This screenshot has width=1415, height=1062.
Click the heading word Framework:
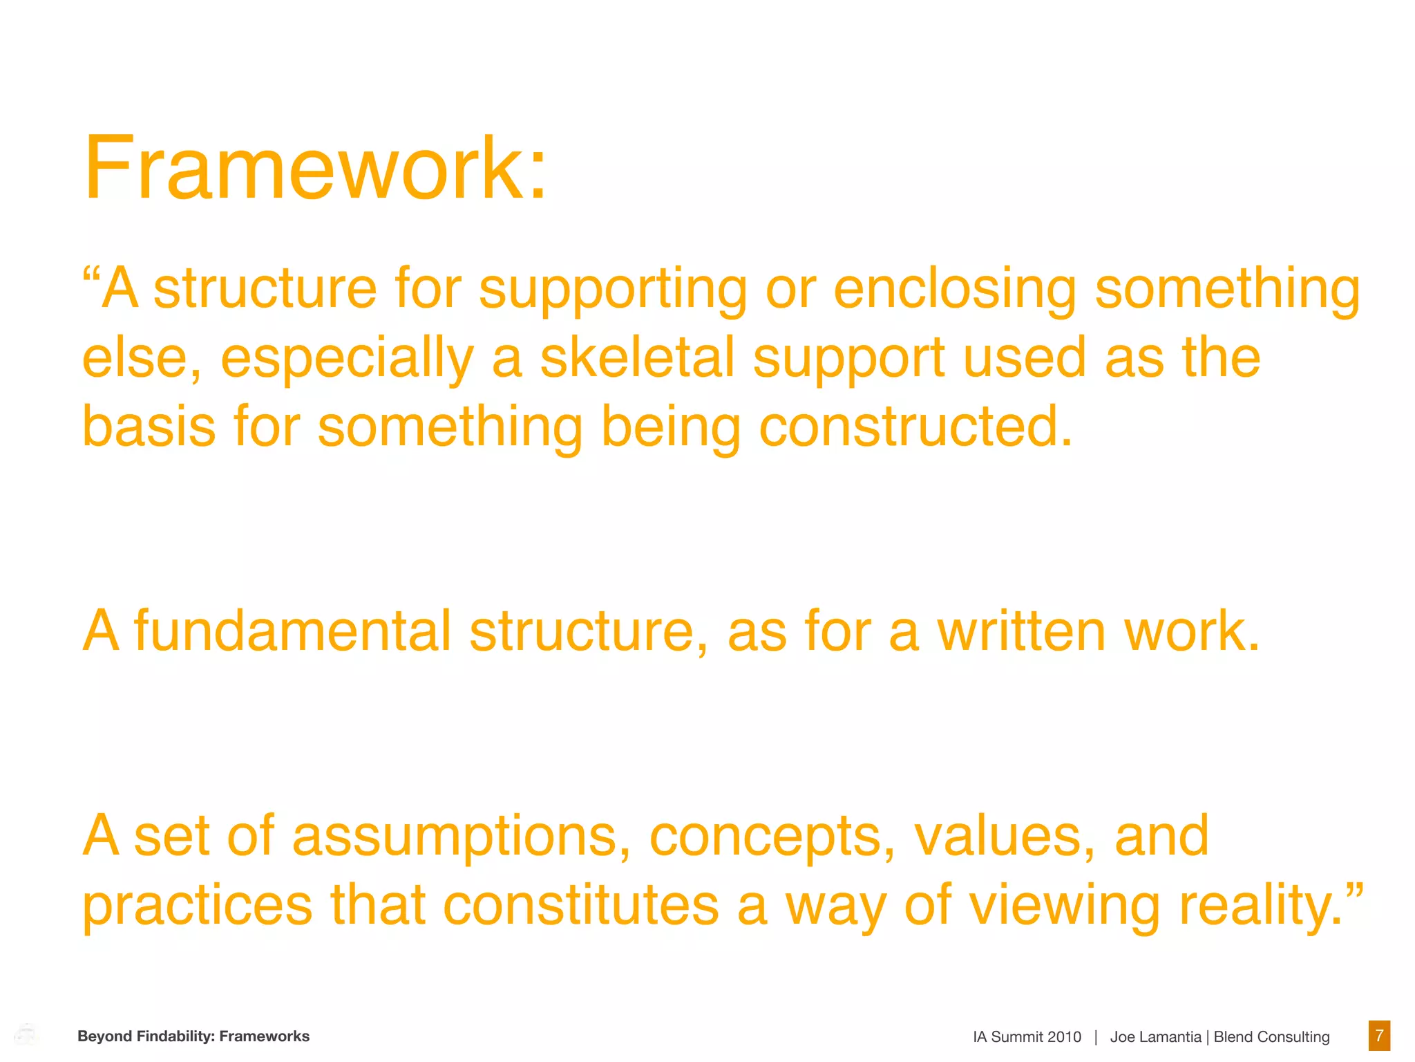click(315, 169)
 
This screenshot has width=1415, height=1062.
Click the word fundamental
click(292, 631)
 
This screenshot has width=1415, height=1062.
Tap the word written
click(1022, 631)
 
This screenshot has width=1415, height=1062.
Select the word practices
click(198, 906)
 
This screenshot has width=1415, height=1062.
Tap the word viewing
click(1065, 906)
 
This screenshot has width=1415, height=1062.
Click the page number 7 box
click(1379, 1036)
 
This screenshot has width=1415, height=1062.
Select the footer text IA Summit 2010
click(1027, 1037)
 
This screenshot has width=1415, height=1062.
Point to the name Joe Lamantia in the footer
click(1155, 1037)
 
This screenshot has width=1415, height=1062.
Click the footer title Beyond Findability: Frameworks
click(193, 1036)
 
